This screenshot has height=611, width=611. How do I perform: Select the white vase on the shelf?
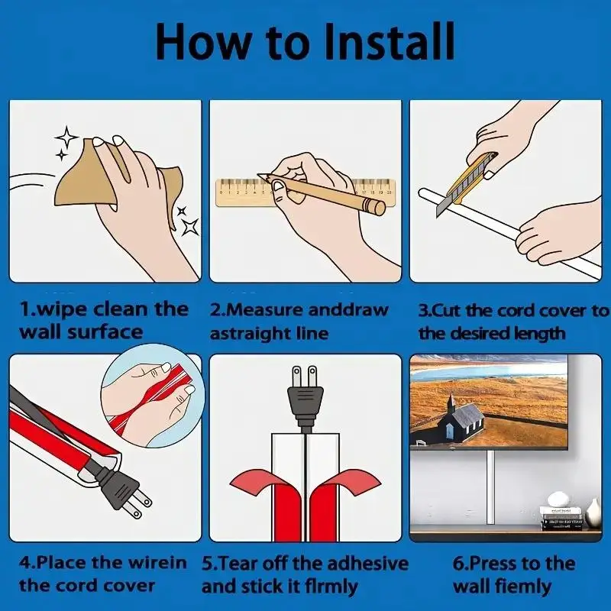pyautogui.click(x=593, y=513)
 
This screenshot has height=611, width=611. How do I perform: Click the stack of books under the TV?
pyautogui.click(x=561, y=519)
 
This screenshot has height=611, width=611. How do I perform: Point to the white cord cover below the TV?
pyautogui.click(x=490, y=487)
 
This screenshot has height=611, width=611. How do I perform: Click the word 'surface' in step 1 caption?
pyautogui.click(x=105, y=332)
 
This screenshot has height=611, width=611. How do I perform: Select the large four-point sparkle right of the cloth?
pyautogui.click(x=190, y=226)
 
